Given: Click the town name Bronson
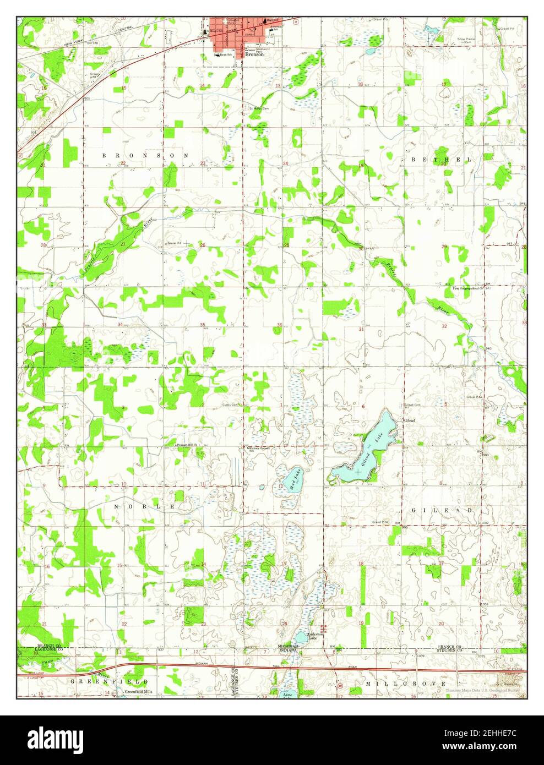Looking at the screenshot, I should pyautogui.click(x=254, y=55).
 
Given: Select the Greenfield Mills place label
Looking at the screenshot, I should pyautogui.click(x=140, y=692).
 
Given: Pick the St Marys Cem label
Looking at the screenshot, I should pyautogui.click(x=259, y=108).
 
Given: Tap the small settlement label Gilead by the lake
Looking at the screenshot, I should pyautogui.click(x=410, y=420).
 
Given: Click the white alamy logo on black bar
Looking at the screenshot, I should pyautogui.click(x=56, y=739).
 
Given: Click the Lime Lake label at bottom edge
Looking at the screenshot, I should pyautogui.click(x=287, y=696).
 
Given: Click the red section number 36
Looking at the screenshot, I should pyautogui.click(x=280, y=325).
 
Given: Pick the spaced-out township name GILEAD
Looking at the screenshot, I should pyautogui.click(x=442, y=511).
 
